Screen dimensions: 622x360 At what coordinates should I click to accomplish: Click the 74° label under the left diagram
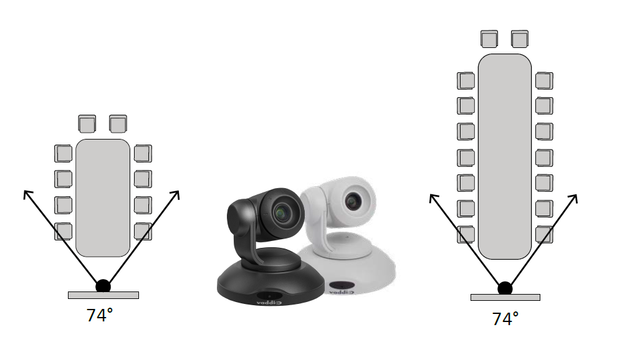(x=100, y=315)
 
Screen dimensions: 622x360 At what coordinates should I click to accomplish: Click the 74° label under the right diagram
(x=505, y=319)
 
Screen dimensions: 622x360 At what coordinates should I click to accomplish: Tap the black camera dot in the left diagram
(x=103, y=286)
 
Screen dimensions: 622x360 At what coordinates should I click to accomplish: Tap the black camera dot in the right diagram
(x=505, y=288)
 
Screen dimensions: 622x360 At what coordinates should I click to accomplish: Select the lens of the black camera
(x=282, y=213)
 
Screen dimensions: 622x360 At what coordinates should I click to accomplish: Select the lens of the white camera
(x=352, y=201)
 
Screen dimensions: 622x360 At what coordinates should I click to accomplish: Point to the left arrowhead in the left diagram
(x=27, y=194)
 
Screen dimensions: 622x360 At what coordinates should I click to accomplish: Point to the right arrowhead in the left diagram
(x=176, y=194)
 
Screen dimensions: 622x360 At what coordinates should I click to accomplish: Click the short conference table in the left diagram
(x=103, y=198)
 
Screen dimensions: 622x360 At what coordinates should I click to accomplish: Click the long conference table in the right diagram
(x=505, y=156)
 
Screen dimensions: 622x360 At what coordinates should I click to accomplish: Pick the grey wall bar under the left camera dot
(x=103, y=295)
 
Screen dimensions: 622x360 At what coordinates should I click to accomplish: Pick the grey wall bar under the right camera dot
(x=505, y=297)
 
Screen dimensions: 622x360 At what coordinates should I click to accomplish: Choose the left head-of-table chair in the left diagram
(x=87, y=124)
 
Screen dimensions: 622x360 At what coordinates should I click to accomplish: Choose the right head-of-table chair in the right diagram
(x=520, y=39)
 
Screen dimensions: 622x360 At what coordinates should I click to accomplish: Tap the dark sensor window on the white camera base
(x=341, y=285)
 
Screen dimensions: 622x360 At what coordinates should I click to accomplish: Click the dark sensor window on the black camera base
(x=269, y=296)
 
